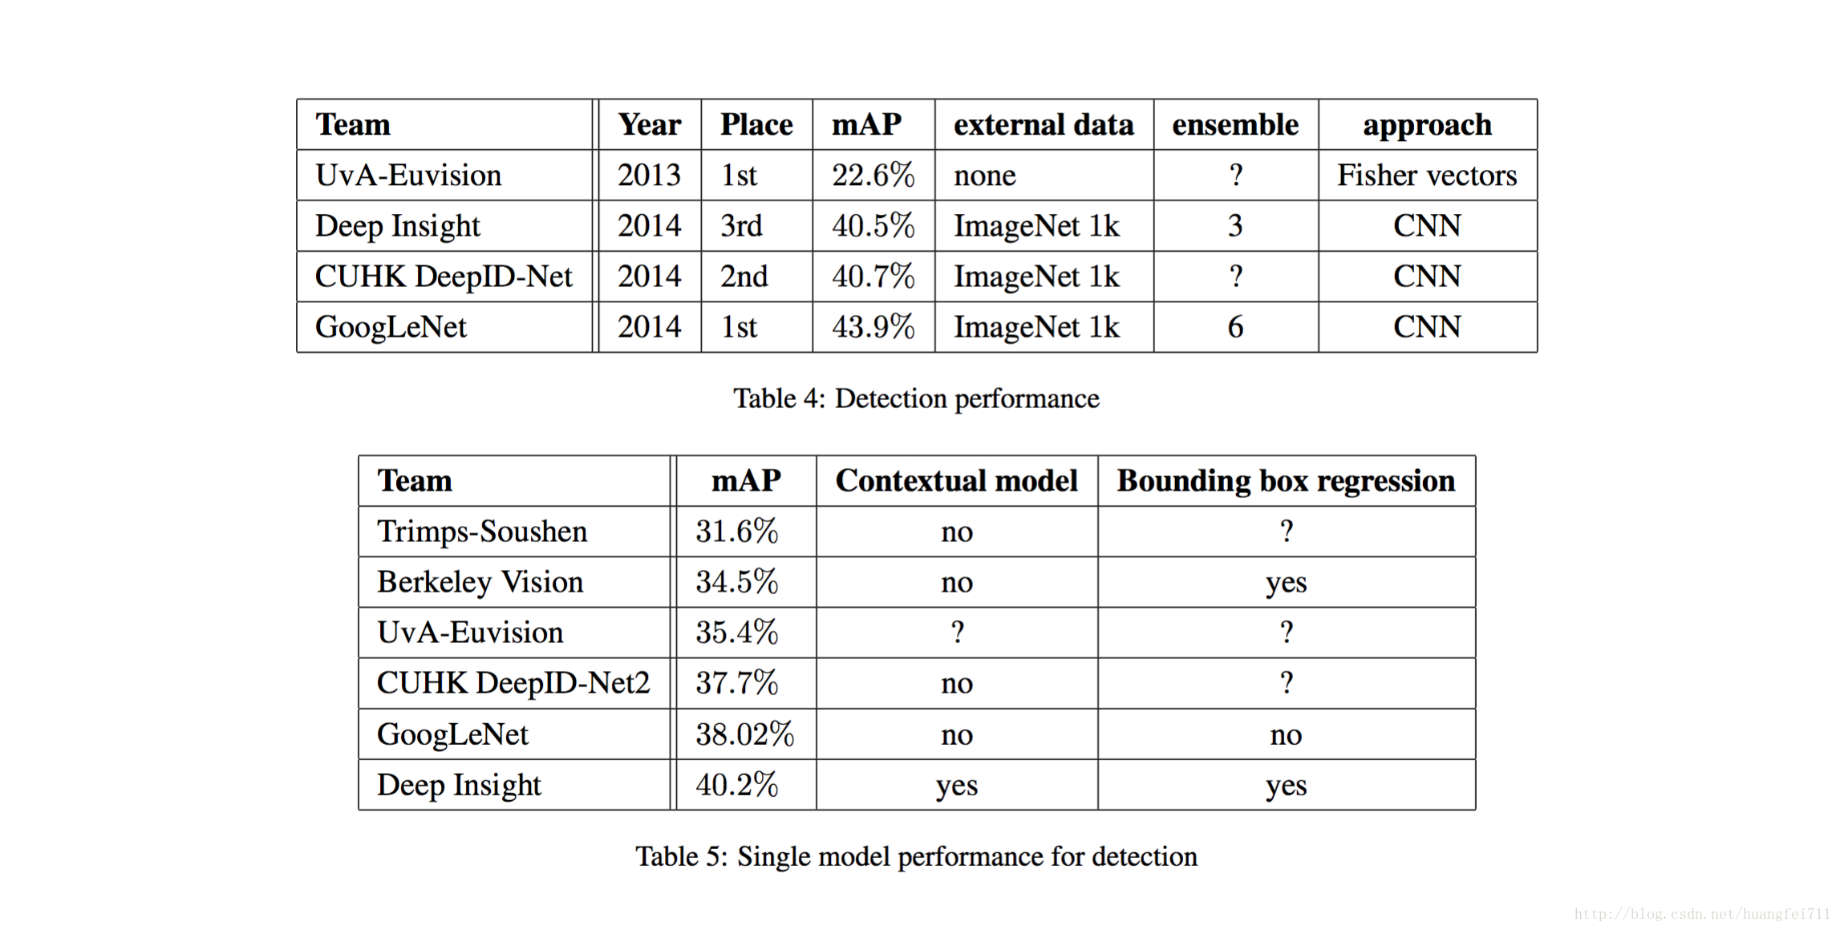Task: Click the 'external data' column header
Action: pyautogui.click(x=1044, y=125)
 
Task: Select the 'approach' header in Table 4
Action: pyautogui.click(x=1427, y=126)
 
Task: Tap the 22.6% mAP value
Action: pyautogui.click(x=873, y=175)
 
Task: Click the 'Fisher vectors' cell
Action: pyautogui.click(x=1427, y=175)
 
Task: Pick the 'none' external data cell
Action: pyautogui.click(x=984, y=176)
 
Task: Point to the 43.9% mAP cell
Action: pyautogui.click(x=873, y=326)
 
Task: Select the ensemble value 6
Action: pyautogui.click(x=1235, y=326)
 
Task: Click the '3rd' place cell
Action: pyautogui.click(x=740, y=225)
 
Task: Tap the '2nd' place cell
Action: pyautogui.click(x=744, y=276)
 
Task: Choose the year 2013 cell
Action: pyautogui.click(x=649, y=175)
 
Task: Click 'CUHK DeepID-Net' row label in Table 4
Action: pyautogui.click(x=443, y=276)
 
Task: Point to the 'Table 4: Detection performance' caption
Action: pyautogui.click(x=916, y=398)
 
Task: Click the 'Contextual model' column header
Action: pyautogui.click(x=956, y=481)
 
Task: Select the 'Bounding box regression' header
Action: pyautogui.click(x=1286, y=482)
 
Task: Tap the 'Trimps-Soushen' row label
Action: pyautogui.click(x=482, y=532)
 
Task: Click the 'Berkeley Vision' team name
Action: pyautogui.click(x=480, y=582)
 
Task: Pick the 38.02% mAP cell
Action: pyautogui.click(x=744, y=734)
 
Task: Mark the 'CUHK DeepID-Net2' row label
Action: pyautogui.click(x=513, y=683)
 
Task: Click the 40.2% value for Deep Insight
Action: pyautogui.click(x=736, y=784)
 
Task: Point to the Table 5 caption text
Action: pyautogui.click(x=916, y=856)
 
